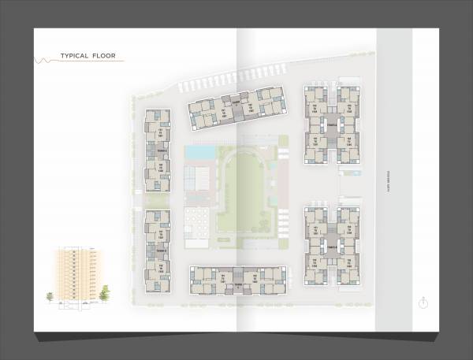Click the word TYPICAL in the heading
[x=77, y=57]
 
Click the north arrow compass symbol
[x=424, y=301]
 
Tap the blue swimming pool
[x=199, y=150]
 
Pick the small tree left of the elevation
[x=51, y=296]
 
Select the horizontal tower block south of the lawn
[x=235, y=279]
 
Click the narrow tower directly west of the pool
[x=157, y=150]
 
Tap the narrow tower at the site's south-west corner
[x=157, y=247]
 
